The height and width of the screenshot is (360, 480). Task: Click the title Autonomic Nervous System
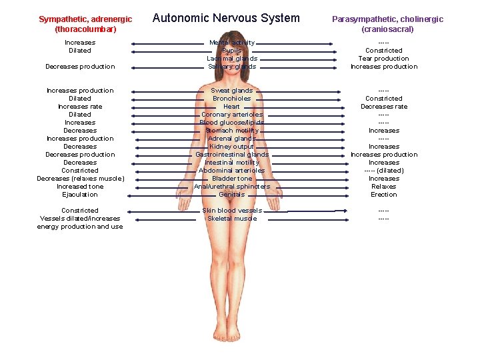click(x=226, y=18)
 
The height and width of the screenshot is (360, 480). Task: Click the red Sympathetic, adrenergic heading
click(x=85, y=24)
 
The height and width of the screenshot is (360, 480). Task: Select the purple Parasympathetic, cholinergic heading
click(x=387, y=24)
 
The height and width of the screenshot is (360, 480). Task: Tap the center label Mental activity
click(x=232, y=43)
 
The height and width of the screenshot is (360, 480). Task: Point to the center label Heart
click(x=231, y=107)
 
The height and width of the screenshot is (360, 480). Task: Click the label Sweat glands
click(x=231, y=91)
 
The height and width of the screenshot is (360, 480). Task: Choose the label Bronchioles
click(x=231, y=99)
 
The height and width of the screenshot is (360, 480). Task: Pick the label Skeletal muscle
click(x=231, y=219)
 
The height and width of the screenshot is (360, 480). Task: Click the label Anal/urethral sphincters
click(x=231, y=187)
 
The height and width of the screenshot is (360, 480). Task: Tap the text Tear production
click(x=383, y=59)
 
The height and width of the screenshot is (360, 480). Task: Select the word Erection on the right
click(x=383, y=195)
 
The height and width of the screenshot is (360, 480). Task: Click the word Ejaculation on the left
click(x=80, y=195)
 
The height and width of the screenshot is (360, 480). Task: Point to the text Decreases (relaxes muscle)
click(x=80, y=179)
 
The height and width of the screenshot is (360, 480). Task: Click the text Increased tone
click(x=80, y=187)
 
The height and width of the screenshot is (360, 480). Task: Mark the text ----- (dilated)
click(x=383, y=171)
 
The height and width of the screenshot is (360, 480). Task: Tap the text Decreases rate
click(x=383, y=107)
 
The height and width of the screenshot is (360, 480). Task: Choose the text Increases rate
click(x=80, y=107)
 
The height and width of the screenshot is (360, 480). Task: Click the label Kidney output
click(x=231, y=147)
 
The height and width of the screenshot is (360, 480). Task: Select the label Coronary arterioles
click(x=231, y=115)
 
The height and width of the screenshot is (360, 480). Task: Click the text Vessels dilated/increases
click(x=80, y=219)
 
